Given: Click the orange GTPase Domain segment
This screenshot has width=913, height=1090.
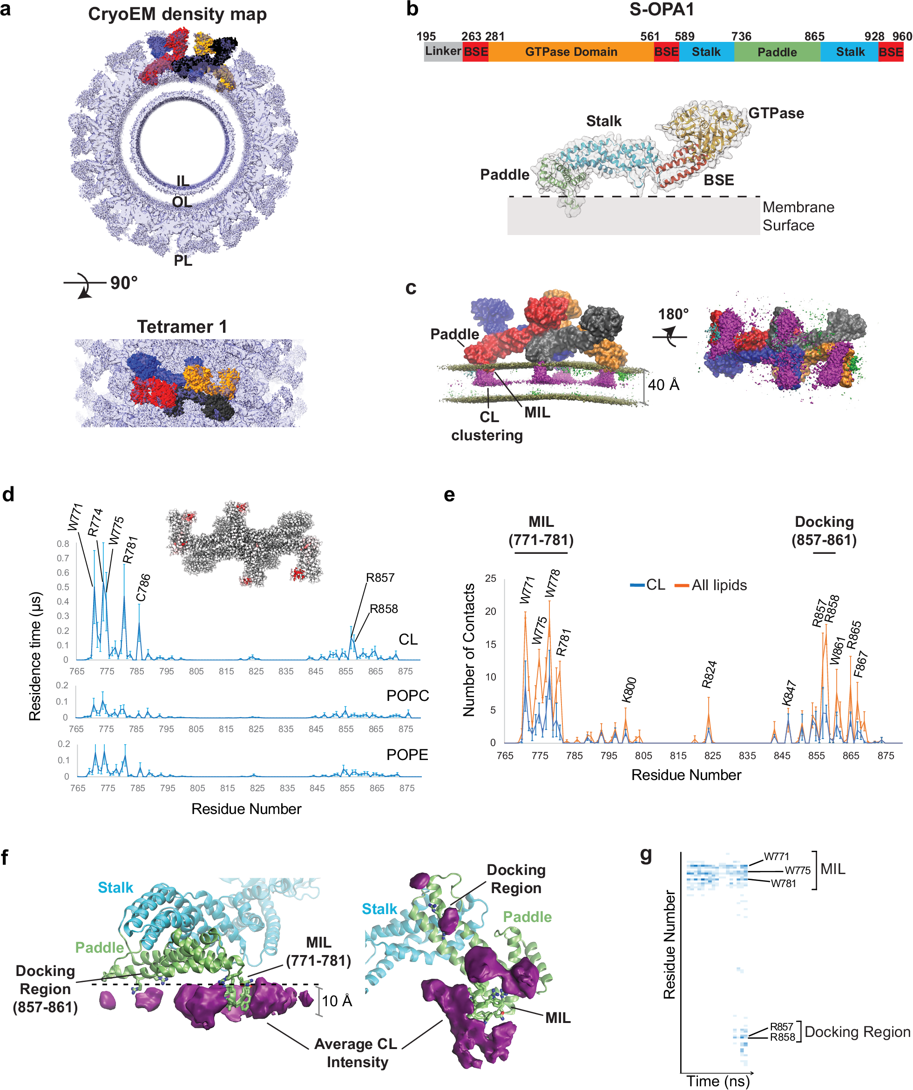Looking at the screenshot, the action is point(570,52).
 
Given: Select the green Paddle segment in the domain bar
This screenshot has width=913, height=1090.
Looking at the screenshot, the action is point(777,52).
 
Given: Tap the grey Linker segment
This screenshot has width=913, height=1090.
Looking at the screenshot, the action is point(442,51).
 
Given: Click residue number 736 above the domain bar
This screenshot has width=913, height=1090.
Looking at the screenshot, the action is point(741,36).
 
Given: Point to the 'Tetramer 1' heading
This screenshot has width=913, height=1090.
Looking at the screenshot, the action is point(182,326).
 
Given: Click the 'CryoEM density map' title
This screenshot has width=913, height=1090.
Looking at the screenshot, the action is point(177,14).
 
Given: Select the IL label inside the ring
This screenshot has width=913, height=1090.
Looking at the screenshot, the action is point(183,181).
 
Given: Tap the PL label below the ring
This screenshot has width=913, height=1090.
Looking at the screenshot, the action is point(183,261).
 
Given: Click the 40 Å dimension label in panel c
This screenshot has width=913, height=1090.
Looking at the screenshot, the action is point(663,384).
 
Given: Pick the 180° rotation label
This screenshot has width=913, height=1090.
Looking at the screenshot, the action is point(673,314).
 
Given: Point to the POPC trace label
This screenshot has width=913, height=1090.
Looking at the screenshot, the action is point(407,695).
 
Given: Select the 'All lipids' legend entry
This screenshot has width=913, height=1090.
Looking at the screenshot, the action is point(719,585).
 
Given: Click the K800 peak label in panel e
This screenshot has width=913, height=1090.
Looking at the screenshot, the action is point(629,690).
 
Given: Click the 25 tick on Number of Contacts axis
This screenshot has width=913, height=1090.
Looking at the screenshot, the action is point(490,578).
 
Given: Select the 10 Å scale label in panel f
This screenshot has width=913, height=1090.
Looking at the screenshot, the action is point(337,1001).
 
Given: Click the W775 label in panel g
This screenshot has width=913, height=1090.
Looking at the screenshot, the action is point(797,870).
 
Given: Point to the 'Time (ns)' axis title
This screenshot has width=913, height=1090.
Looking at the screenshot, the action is point(718,1081).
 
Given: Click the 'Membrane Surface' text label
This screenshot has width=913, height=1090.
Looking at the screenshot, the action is point(798,216).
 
